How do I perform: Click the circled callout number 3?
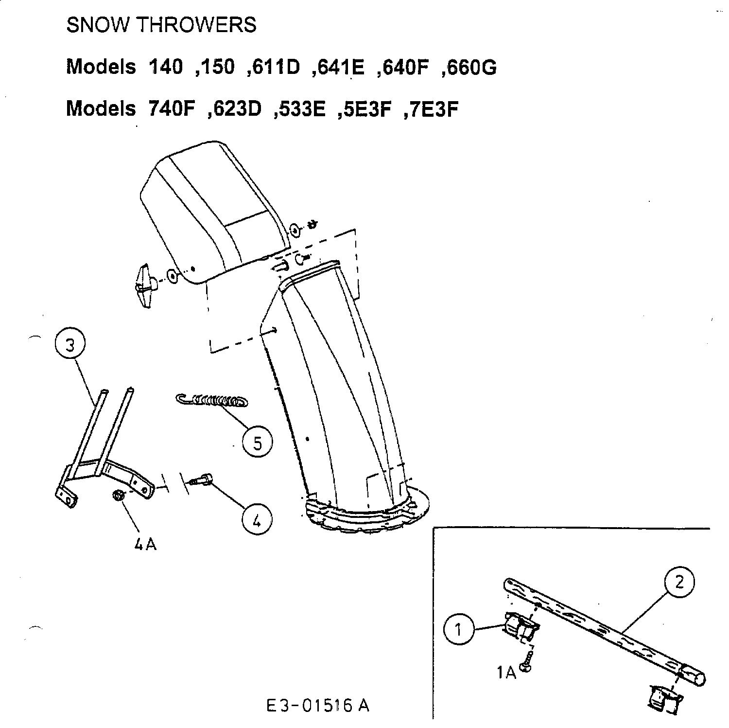(70, 346)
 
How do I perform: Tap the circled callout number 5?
(258, 443)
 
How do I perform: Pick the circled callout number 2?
(679, 582)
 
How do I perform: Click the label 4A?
(145, 544)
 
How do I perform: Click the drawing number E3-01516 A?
(318, 705)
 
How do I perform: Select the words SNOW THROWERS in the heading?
(161, 25)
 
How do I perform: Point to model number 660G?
(469, 67)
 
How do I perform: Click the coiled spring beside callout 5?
(211, 401)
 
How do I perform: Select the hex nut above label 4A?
(118, 496)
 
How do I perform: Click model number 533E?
(300, 109)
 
